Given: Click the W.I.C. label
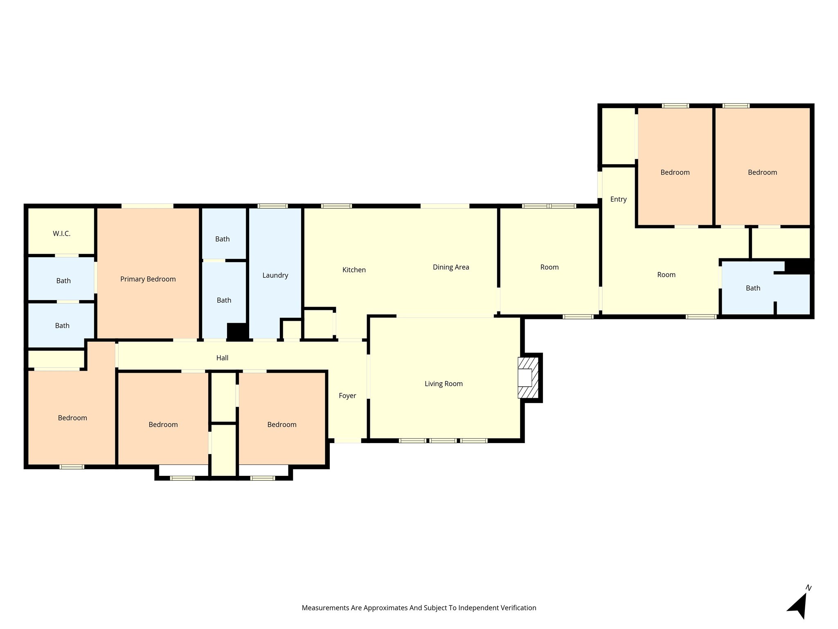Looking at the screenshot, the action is click(x=61, y=234).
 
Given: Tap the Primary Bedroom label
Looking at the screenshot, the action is click(x=148, y=279).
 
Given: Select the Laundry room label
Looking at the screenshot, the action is click(x=275, y=276).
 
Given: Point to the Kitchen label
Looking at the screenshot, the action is click(x=354, y=270).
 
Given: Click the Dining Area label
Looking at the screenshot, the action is click(x=451, y=267).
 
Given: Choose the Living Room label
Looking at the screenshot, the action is click(x=444, y=384).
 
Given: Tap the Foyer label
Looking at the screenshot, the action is click(x=347, y=396).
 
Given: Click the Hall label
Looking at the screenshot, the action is click(x=222, y=358).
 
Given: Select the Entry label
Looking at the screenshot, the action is click(x=618, y=199).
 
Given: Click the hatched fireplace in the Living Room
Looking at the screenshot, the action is click(x=529, y=378).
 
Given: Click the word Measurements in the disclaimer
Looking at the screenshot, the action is click(x=325, y=608).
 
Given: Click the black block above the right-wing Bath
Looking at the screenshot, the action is click(x=798, y=266).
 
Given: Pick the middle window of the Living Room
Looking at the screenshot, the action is click(x=443, y=441).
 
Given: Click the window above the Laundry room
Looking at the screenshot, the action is click(x=273, y=206).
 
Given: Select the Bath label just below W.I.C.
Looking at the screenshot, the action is click(x=63, y=281).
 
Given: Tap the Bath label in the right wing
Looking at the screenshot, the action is click(x=753, y=288).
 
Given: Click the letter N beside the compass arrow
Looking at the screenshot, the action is click(x=809, y=588).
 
